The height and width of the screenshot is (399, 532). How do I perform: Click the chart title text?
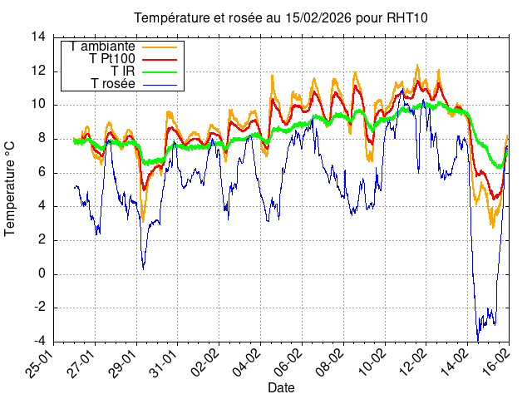click(x=281, y=18)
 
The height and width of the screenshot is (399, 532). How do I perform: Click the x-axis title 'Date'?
click(x=281, y=387)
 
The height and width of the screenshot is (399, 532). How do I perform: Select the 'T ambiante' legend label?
click(x=103, y=47)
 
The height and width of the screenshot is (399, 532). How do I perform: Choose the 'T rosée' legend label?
click(x=113, y=84)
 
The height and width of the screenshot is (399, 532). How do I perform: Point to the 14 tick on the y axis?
click(x=38, y=37)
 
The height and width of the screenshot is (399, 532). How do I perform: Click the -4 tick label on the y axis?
click(x=38, y=342)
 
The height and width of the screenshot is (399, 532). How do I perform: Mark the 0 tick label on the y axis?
click(x=42, y=274)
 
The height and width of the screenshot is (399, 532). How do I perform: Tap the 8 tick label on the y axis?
click(x=42, y=139)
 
